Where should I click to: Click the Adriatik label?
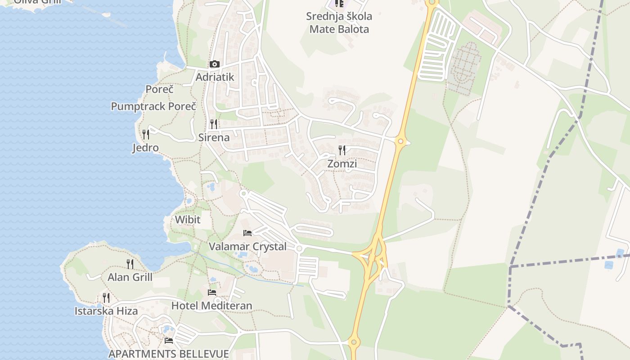coord(215,77)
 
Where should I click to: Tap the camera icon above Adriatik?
coord(214,64)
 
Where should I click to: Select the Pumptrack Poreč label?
coord(153,107)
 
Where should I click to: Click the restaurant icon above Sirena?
coord(214,124)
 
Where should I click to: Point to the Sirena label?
coord(214,138)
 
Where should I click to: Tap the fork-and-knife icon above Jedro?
coord(145,134)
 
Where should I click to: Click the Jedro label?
coord(145,148)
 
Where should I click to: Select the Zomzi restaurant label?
coord(342,164)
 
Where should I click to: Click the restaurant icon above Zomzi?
coord(342,150)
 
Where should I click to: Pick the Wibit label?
coord(188,220)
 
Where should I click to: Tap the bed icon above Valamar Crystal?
coord(247,233)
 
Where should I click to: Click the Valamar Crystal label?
coord(247,247)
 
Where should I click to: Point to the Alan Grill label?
coord(130,277)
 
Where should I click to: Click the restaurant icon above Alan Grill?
coord(130,264)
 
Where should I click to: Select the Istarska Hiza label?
coord(106,311)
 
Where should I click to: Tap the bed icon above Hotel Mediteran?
coord(211,292)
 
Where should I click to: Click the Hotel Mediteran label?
coord(211,306)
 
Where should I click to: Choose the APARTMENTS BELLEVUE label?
coord(169,354)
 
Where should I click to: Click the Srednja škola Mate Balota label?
coord(339,23)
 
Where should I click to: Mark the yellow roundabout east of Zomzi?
coord(400,142)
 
